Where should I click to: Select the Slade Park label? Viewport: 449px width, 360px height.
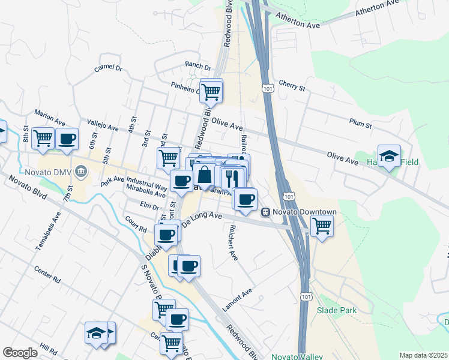click(337, 310)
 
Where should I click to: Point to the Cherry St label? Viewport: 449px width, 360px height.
click(292, 86)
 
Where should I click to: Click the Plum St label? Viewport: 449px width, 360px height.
click(361, 124)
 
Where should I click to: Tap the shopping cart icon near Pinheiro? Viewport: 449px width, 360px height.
click(211, 92)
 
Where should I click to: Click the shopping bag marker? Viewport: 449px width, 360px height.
click(205, 175)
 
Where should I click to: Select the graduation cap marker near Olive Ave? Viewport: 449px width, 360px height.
click(389, 156)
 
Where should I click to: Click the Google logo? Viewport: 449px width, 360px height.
click(20, 353)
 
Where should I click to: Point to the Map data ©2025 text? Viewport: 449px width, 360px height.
click(423, 355)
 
